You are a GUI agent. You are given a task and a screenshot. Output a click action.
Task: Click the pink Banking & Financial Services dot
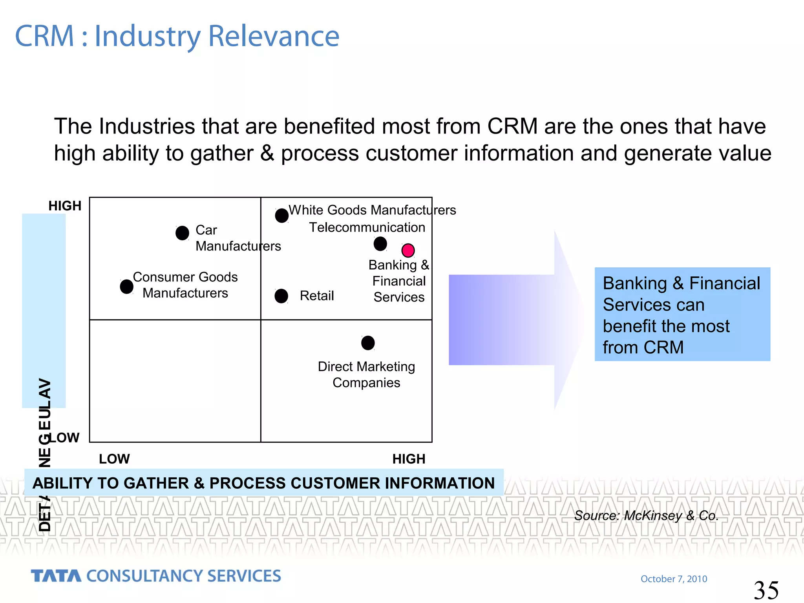pos(408,250)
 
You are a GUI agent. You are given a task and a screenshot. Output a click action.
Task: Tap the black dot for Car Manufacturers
pos(182,233)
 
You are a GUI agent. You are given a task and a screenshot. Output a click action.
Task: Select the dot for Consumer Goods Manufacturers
pos(126,287)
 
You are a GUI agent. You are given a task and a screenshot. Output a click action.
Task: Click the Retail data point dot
pos(281,296)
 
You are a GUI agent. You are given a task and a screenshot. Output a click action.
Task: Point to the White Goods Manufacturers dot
pos(281,215)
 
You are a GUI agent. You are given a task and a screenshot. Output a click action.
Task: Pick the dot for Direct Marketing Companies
pos(368,343)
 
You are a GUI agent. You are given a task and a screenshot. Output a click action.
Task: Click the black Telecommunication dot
pos(380,244)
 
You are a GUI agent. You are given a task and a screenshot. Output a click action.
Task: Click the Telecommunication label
pos(367,227)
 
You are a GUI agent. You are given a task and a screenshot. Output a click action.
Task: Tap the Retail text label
pos(316,296)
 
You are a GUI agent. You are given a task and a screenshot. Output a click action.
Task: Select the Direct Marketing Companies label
pos(366,375)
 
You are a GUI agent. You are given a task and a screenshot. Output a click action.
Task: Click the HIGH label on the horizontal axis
pos(409,459)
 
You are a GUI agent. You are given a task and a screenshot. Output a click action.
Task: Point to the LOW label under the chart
pos(114,459)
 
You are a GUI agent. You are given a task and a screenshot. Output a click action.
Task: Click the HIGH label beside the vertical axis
pos(65,206)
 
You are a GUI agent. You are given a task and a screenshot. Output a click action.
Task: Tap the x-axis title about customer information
pos(263,483)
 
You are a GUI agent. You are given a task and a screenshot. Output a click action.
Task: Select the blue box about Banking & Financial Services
pos(682,314)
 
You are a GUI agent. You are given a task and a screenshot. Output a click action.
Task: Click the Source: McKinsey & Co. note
pos(646,515)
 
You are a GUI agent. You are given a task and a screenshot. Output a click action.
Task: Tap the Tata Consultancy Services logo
pos(156,576)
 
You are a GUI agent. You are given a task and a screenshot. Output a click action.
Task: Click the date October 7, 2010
pos(674,579)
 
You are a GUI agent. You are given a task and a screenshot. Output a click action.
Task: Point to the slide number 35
pos(766,590)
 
